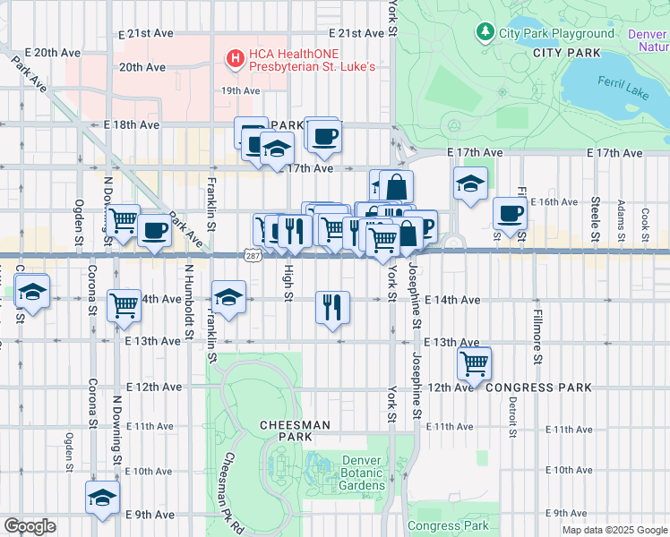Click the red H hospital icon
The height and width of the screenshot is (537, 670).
coord(236,59)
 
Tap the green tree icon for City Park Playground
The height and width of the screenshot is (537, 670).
coord(485,33)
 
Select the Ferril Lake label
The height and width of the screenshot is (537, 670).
coord(621,89)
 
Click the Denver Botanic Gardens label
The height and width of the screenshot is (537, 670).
coord(363,473)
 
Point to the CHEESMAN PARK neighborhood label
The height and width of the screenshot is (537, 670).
coord(296,430)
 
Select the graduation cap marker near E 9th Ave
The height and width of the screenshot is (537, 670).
coord(102,498)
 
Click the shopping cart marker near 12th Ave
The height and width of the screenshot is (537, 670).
coord(473,362)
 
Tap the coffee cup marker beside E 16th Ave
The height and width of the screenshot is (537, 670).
coord(510,214)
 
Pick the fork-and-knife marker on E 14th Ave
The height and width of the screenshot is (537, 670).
coord(332,307)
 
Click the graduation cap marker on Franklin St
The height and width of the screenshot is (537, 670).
coord(228,296)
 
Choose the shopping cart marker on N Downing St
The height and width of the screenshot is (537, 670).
coord(124,305)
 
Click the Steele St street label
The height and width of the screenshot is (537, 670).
coord(595,218)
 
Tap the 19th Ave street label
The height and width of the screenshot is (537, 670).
coord(241,90)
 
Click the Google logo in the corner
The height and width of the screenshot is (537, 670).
coord(30,526)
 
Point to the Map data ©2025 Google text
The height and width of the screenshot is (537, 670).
coord(614,530)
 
